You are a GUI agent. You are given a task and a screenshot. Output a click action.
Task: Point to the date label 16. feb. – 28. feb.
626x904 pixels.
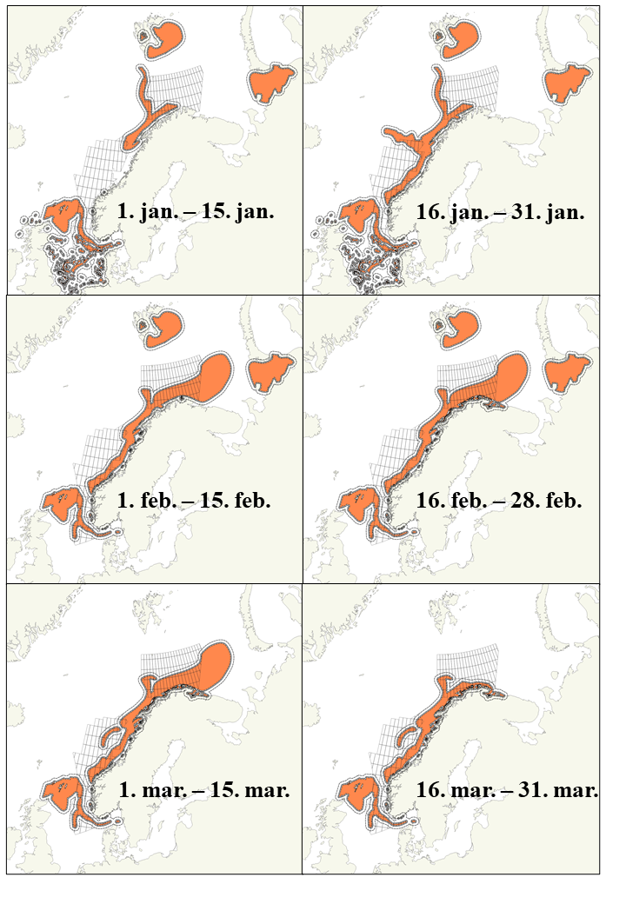tap(495, 502)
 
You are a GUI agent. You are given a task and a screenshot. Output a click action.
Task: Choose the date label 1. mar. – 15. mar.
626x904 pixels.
tap(203, 792)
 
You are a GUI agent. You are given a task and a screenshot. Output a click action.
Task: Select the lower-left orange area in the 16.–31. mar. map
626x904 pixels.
tap(356, 796)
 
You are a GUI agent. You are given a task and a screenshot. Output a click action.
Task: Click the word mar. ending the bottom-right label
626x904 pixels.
tap(578, 792)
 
